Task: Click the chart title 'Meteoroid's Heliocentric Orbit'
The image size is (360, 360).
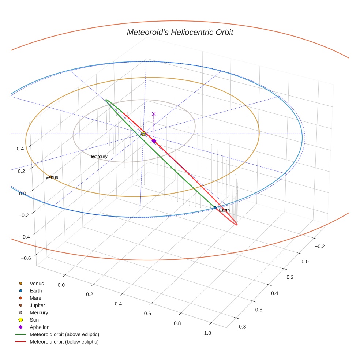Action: (x=180, y=33)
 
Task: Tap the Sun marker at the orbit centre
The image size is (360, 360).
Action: (x=143, y=134)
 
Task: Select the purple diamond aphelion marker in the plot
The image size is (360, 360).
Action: (x=154, y=141)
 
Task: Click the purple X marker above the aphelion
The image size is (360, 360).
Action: (x=154, y=114)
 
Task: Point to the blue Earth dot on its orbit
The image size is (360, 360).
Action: (x=215, y=208)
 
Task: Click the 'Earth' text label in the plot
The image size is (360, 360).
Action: (x=224, y=210)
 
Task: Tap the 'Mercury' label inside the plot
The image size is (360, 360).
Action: (x=100, y=157)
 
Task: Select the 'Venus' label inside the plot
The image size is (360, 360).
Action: (x=52, y=177)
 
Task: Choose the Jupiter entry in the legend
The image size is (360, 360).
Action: (x=37, y=305)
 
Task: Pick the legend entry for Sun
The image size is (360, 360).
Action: (x=34, y=320)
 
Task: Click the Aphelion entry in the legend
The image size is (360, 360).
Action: (x=40, y=327)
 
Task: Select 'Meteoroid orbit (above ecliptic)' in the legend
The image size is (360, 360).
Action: (x=64, y=334)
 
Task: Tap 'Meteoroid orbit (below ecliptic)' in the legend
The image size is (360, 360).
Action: (x=64, y=342)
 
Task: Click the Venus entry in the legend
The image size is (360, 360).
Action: (x=37, y=284)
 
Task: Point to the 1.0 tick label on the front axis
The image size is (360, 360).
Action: (x=207, y=333)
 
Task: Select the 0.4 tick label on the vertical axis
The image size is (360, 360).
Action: (x=20, y=149)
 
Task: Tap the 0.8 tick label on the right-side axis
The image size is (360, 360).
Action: (x=242, y=327)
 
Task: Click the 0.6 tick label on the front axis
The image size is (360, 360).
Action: (x=148, y=314)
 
